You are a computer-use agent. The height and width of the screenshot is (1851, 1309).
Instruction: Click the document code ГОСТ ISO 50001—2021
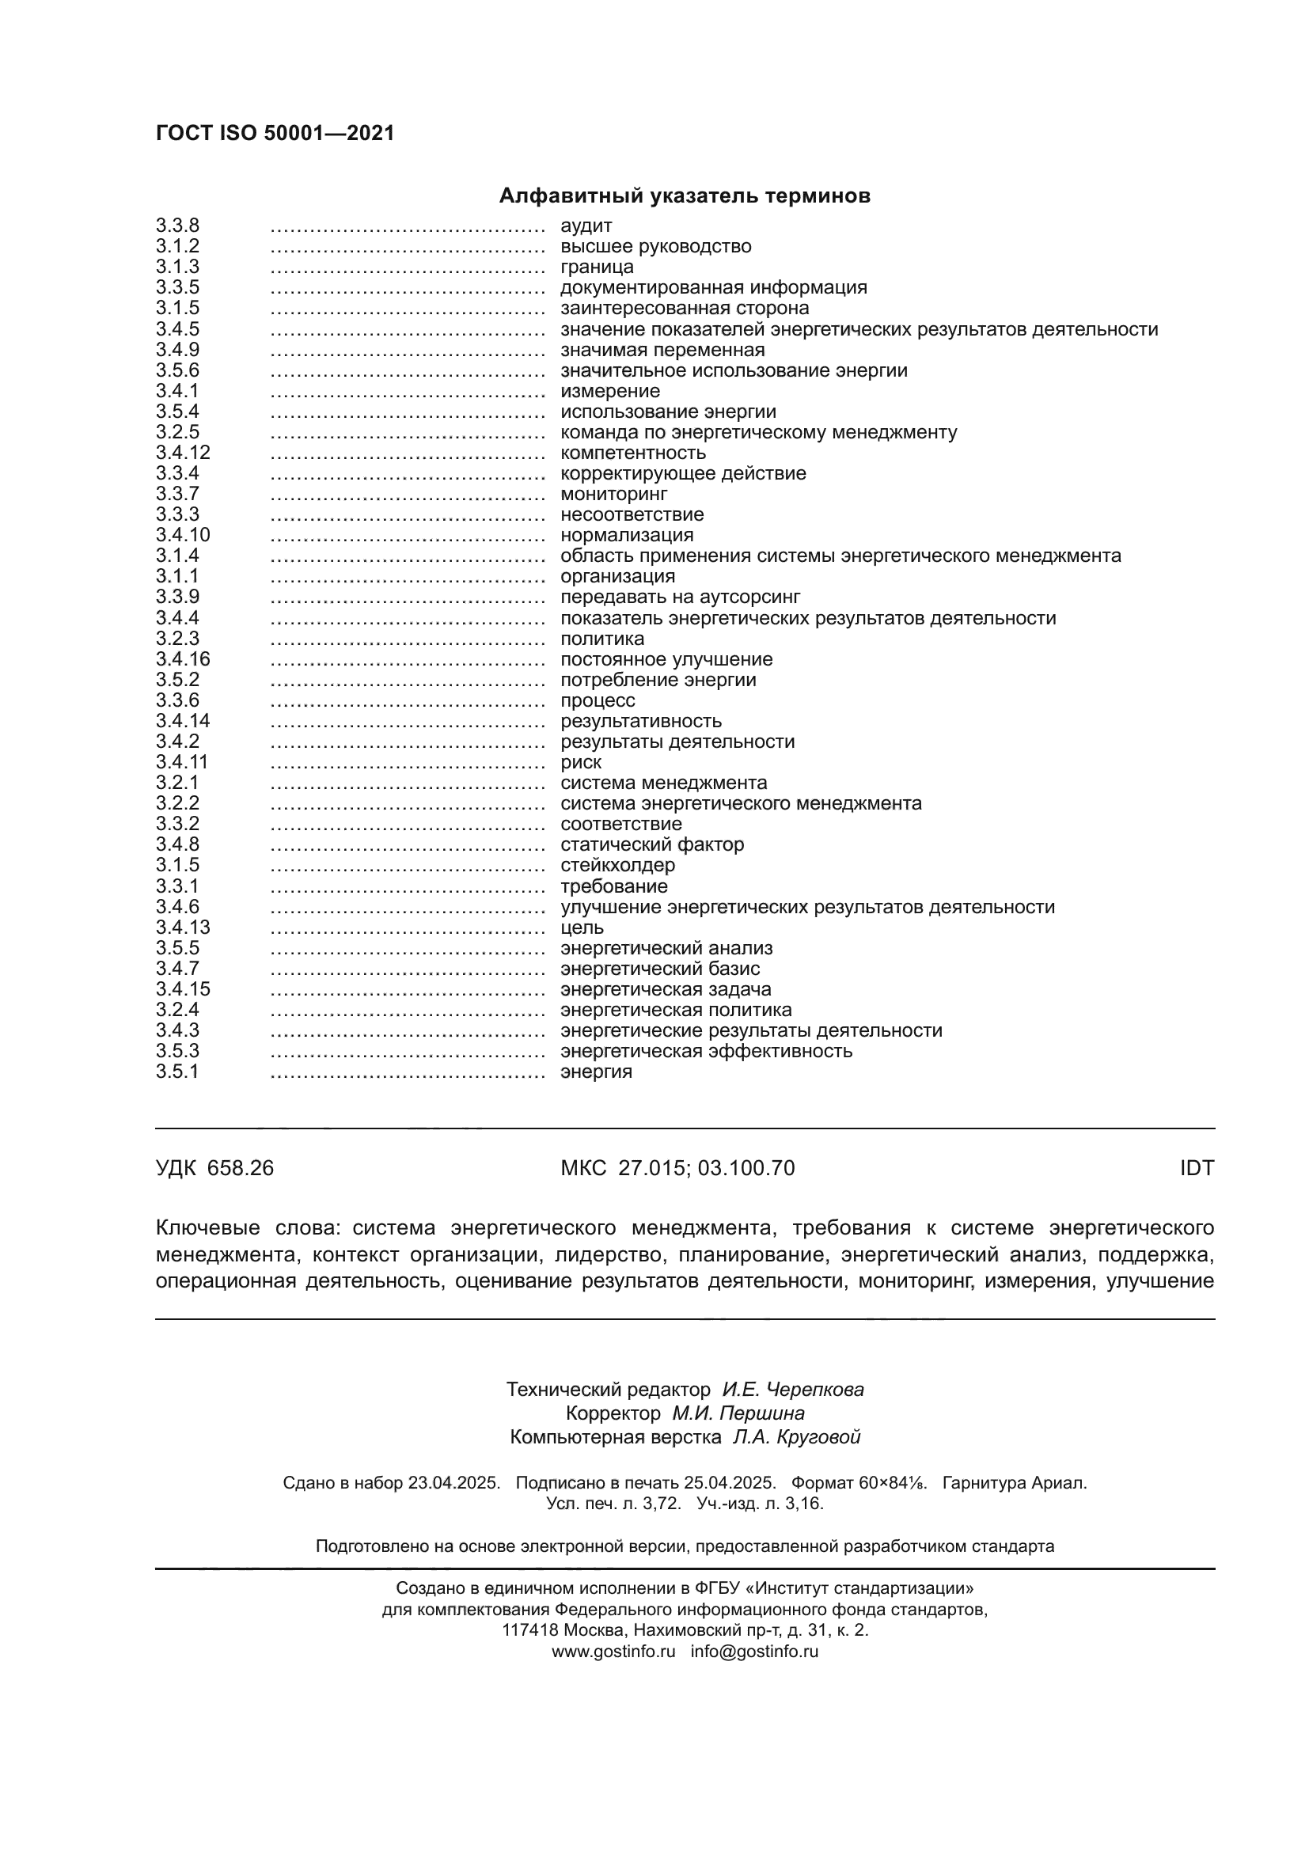(x=275, y=133)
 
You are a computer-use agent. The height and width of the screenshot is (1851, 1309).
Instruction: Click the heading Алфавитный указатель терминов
(x=685, y=196)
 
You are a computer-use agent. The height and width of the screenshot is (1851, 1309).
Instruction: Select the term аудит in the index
(x=586, y=226)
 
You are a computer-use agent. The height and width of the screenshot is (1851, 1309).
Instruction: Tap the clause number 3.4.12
(x=183, y=453)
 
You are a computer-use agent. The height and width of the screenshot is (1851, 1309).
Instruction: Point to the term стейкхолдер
(x=617, y=865)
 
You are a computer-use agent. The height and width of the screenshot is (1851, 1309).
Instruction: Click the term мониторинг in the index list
(x=613, y=493)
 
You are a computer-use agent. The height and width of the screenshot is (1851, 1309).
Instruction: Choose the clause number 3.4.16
(x=183, y=658)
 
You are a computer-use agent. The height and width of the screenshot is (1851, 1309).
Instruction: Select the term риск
(x=580, y=762)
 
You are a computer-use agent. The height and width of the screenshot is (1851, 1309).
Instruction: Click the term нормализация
(x=626, y=535)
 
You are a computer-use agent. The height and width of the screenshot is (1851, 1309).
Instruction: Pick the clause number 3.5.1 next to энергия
(x=177, y=1072)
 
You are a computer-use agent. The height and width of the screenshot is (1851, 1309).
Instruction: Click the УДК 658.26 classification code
(x=214, y=1168)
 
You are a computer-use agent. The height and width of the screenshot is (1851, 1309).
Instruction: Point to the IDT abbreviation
(x=1196, y=1168)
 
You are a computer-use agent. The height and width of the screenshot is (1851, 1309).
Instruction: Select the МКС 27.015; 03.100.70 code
(x=677, y=1168)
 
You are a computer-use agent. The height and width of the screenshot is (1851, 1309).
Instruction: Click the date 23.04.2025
(x=453, y=1482)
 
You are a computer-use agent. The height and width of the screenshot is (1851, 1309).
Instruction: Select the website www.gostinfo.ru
(x=613, y=1651)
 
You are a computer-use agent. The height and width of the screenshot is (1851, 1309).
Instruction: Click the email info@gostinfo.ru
(x=753, y=1651)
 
